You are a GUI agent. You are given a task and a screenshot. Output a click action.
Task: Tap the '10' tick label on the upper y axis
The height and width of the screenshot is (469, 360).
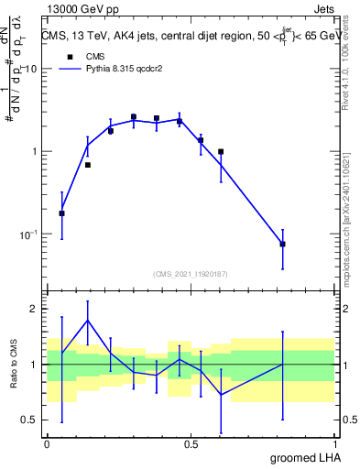[x=30, y=70]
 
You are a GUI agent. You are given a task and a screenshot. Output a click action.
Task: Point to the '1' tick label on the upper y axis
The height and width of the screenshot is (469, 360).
[x=34, y=152]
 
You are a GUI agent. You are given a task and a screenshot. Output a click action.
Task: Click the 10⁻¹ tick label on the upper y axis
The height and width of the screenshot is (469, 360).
[x=28, y=234]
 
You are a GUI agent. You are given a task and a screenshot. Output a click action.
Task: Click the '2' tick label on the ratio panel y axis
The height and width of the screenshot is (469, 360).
[x=34, y=309]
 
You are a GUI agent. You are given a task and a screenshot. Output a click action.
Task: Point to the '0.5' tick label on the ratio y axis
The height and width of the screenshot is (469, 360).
[x=29, y=420]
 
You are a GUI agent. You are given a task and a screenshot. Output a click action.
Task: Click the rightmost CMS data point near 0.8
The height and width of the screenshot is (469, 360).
[x=282, y=244]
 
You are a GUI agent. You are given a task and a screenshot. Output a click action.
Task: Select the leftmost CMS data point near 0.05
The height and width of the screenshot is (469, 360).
[x=61, y=213]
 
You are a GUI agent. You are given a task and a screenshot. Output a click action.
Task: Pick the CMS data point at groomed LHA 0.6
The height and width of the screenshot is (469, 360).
[x=221, y=152]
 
